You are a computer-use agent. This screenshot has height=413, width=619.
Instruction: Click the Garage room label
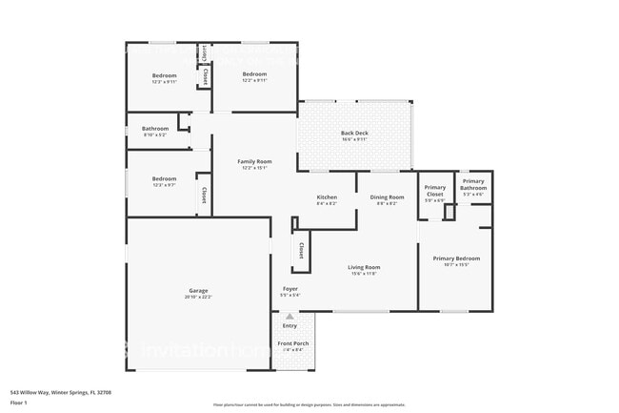[198, 290]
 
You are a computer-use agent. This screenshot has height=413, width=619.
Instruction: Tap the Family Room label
[254, 161]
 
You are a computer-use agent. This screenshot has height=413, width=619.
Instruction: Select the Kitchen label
[327, 197]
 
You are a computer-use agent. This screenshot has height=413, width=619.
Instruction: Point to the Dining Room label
[387, 197]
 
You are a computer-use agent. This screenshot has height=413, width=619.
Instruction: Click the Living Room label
[364, 267]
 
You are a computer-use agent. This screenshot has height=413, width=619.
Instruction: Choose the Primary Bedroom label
[456, 258]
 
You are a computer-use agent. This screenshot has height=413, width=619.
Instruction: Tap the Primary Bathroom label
[473, 185]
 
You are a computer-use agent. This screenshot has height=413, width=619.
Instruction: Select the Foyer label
[290, 289]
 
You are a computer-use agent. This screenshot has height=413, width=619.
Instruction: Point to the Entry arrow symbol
[290, 316]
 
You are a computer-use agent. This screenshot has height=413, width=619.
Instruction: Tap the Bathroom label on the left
[155, 129]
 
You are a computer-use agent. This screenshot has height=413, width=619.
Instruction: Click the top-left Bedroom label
[165, 75]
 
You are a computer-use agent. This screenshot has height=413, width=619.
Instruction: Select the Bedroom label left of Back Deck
[254, 74]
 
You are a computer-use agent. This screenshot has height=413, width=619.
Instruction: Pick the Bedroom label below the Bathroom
[165, 178]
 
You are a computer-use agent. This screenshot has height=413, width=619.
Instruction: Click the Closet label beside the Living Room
[301, 250]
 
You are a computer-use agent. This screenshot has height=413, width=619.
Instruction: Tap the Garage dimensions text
[198, 297]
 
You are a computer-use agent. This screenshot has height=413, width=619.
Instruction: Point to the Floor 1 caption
[18, 403]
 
